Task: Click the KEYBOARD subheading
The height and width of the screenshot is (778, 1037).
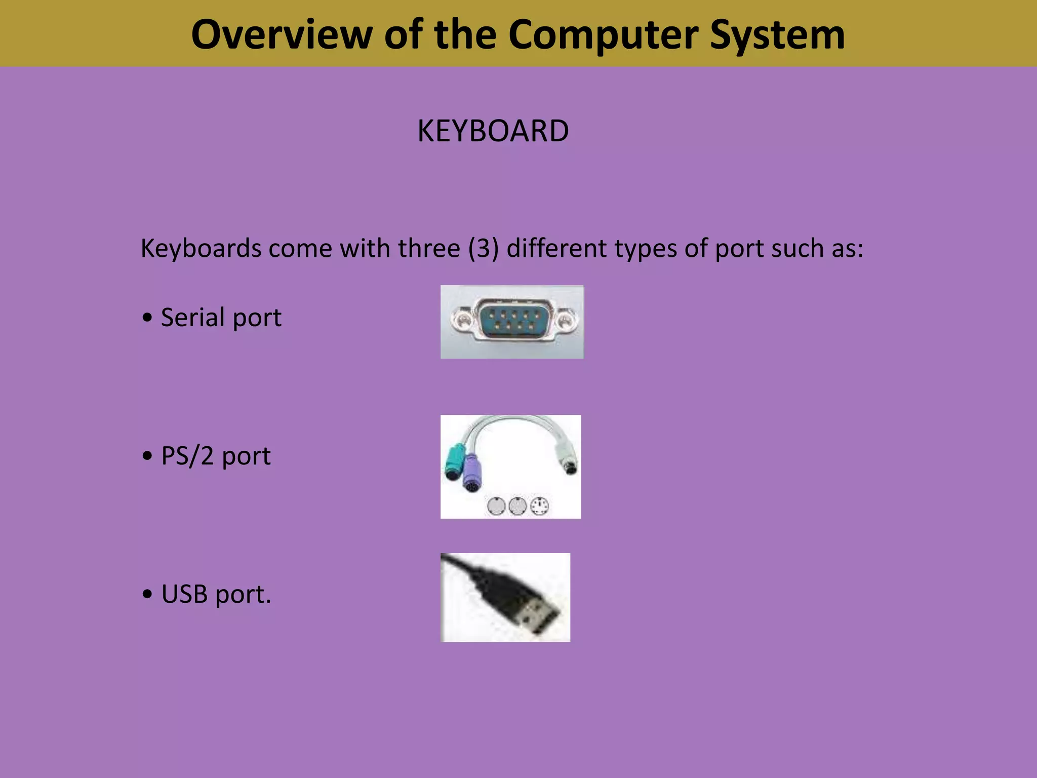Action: pyautogui.click(x=493, y=131)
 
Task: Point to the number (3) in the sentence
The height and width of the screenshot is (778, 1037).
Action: pyautogui.click(x=484, y=248)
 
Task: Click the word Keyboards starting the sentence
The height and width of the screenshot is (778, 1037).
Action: pyautogui.click(x=201, y=248)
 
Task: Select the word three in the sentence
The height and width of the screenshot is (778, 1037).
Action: pyautogui.click(x=429, y=248)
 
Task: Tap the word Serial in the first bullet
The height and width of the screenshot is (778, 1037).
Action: pyautogui.click(x=192, y=318)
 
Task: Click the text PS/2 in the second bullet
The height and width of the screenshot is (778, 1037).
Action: pyautogui.click(x=187, y=456)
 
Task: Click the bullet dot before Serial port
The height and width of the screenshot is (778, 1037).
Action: pyautogui.click(x=147, y=318)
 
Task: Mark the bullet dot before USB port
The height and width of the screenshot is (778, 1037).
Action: pyautogui.click(x=147, y=595)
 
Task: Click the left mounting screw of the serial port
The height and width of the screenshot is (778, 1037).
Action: pyautogui.click(x=461, y=320)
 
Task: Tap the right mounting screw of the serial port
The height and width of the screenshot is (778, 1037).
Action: pyautogui.click(x=565, y=320)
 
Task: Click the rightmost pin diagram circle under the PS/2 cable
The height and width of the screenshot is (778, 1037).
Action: pyautogui.click(x=539, y=506)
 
